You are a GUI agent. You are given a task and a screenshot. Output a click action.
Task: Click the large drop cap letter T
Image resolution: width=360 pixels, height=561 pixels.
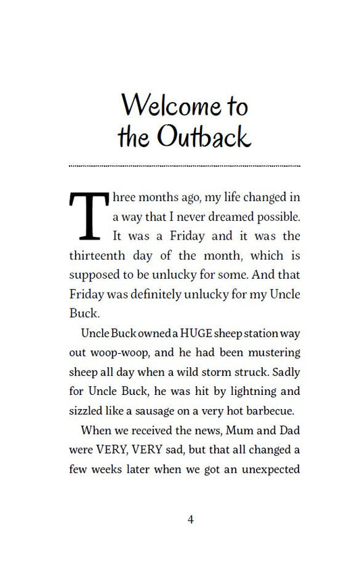tap(88, 215)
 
